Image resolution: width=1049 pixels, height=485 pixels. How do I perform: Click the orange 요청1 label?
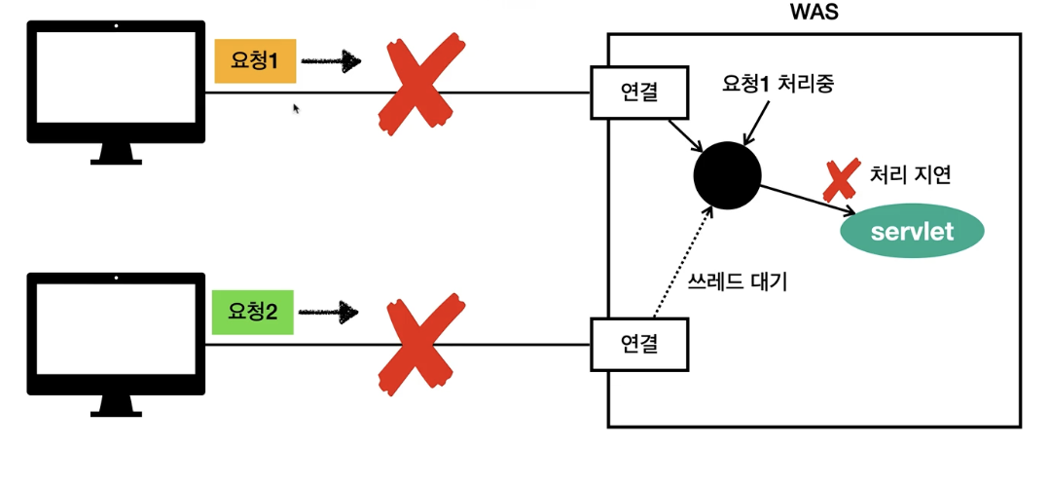click(x=255, y=61)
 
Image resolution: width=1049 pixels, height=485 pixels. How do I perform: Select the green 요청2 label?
click(x=252, y=313)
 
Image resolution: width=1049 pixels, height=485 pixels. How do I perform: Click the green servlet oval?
click(x=913, y=233)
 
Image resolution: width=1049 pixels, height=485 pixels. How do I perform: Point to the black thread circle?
click(x=727, y=175)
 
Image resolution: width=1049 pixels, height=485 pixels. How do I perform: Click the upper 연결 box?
click(x=639, y=93)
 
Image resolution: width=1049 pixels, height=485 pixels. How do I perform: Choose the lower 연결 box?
click(x=639, y=344)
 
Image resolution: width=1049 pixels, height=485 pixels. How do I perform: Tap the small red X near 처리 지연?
click(x=840, y=178)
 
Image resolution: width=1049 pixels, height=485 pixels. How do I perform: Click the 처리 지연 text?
click(x=910, y=176)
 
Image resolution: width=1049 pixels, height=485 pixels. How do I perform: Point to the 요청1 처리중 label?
click(x=778, y=84)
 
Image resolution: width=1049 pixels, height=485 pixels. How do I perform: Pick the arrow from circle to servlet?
click(x=808, y=199)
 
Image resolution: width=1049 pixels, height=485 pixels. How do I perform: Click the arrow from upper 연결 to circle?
click(x=685, y=134)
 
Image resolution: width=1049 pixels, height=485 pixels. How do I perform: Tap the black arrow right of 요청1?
click(x=330, y=61)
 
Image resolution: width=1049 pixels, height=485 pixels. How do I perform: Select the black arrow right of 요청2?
click(x=328, y=313)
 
